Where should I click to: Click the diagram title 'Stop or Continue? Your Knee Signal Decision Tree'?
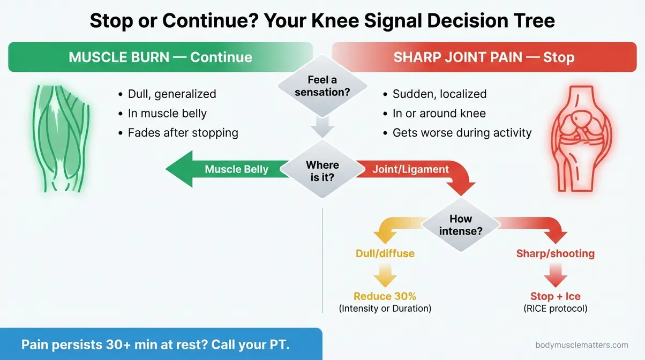(322, 20)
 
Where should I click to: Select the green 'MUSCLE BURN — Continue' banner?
(160, 57)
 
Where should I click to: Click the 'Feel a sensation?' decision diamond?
(322, 86)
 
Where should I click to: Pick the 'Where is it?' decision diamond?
(322, 171)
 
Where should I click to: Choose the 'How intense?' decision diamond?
(460, 225)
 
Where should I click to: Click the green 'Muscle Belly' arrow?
(225, 170)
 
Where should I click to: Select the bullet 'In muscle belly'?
(167, 113)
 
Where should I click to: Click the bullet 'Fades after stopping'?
(183, 132)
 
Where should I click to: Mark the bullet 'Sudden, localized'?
(439, 94)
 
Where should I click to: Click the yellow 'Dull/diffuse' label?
(385, 253)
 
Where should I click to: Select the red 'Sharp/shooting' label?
(555, 253)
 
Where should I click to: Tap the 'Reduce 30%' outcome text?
(385, 296)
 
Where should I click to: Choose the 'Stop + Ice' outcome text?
(555, 296)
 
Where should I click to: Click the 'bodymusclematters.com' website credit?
(581, 346)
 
